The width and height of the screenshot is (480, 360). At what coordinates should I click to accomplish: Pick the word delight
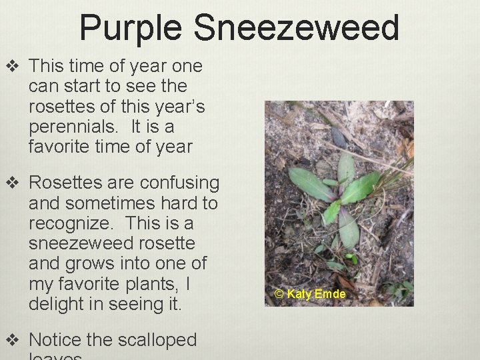[x=55, y=304]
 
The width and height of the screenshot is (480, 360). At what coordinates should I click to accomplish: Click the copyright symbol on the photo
[x=280, y=294]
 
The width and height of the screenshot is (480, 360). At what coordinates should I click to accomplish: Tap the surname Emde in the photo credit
[x=332, y=294]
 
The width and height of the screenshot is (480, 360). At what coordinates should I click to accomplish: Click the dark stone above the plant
[x=338, y=137]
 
